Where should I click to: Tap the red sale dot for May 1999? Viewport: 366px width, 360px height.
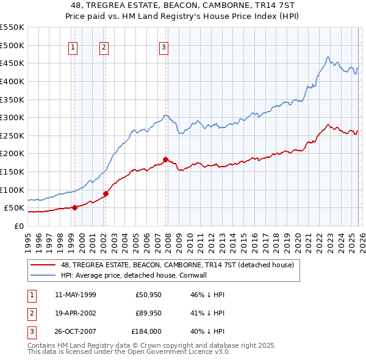coord(74,207)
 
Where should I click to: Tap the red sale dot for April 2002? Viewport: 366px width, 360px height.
coord(106,193)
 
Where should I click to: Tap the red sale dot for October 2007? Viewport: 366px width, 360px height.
coord(165,159)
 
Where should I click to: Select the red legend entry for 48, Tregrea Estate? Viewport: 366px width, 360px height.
coord(177,265)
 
